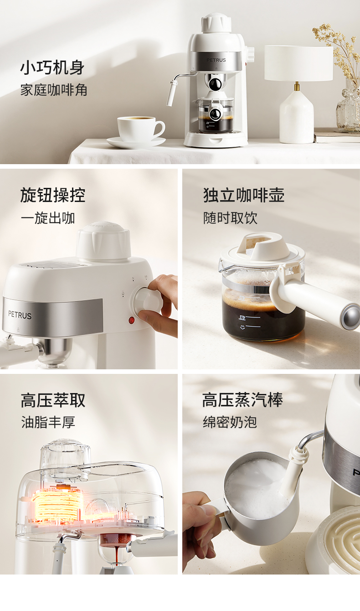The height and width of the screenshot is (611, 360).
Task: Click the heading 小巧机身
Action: click(x=52, y=67)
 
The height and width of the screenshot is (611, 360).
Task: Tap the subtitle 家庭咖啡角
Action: click(x=54, y=90)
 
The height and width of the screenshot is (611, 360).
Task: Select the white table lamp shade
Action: click(x=298, y=63)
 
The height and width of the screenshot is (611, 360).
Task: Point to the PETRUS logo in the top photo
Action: click(x=216, y=60)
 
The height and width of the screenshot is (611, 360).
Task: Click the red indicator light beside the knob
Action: click(x=132, y=320)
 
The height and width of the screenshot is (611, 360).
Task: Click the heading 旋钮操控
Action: click(x=53, y=195)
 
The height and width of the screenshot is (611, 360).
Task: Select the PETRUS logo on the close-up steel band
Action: click(x=20, y=315)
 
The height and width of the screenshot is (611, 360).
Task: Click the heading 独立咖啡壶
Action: click(x=244, y=195)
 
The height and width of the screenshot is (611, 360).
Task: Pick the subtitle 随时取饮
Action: click(x=230, y=218)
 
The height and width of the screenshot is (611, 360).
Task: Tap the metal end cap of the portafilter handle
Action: click(x=351, y=316)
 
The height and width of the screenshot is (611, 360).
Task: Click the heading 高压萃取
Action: click(x=53, y=400)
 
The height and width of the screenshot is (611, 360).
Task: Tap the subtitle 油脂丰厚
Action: click(x=48, y=422)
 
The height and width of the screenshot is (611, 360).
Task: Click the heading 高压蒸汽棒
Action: click(x=242, y=400)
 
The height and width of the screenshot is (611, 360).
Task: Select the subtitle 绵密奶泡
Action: click(x=230, y=422)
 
